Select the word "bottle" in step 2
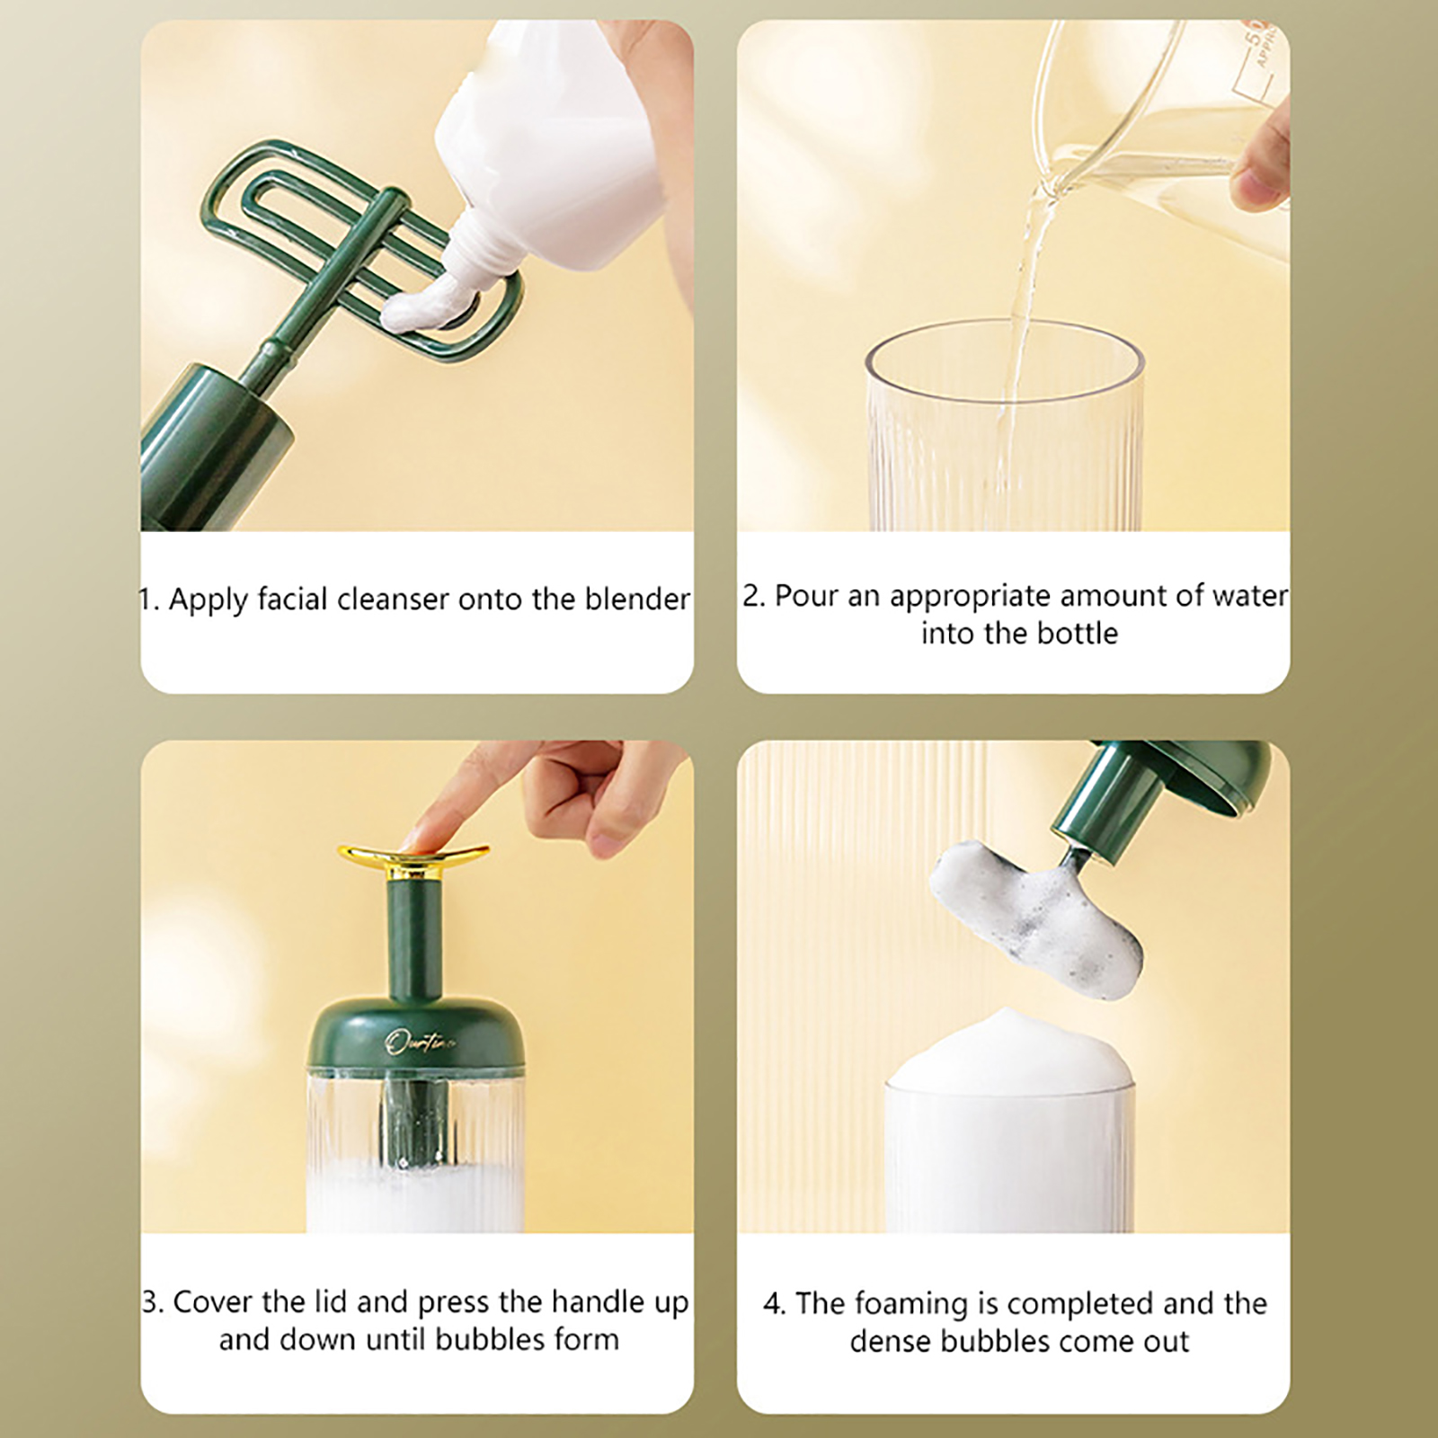click(1078, 634)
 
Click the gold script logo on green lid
click(420, 1043)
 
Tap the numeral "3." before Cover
click(153, 1301)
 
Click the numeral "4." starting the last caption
click(774, 1304)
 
